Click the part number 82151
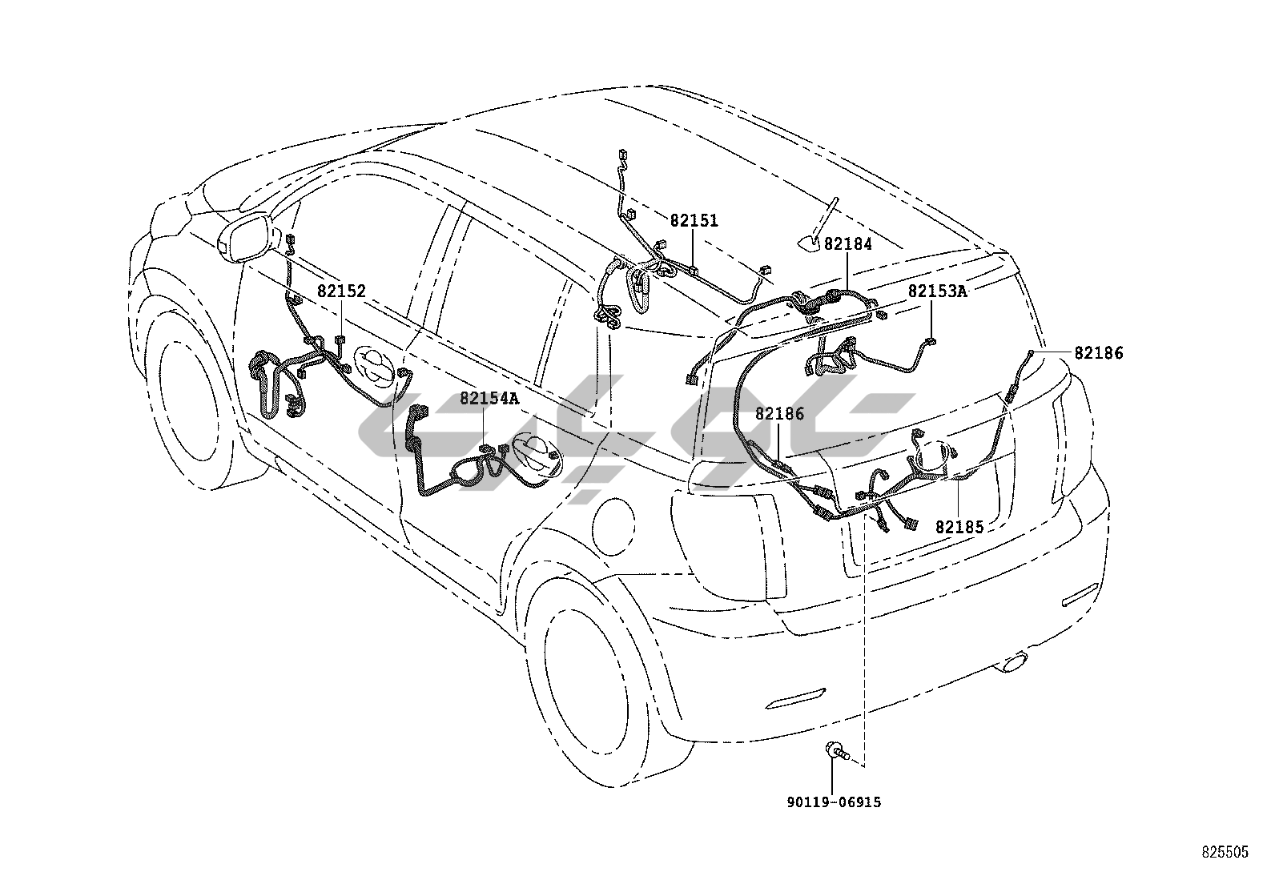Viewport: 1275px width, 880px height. (x=694, y=221)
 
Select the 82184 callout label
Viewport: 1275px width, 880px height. (x=847, y=244)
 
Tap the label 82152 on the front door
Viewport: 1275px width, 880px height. (x=340, y=291)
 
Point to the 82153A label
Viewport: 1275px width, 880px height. (x=937, y=291)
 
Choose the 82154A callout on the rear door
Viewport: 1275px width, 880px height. (x=489, y=399)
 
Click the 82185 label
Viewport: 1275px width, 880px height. (x=959, y=528)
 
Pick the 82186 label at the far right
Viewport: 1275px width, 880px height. (x=1099, y=352)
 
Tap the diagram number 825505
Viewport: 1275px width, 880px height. (x=1224, y=853)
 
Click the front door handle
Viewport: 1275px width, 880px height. (x=376, y=367)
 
